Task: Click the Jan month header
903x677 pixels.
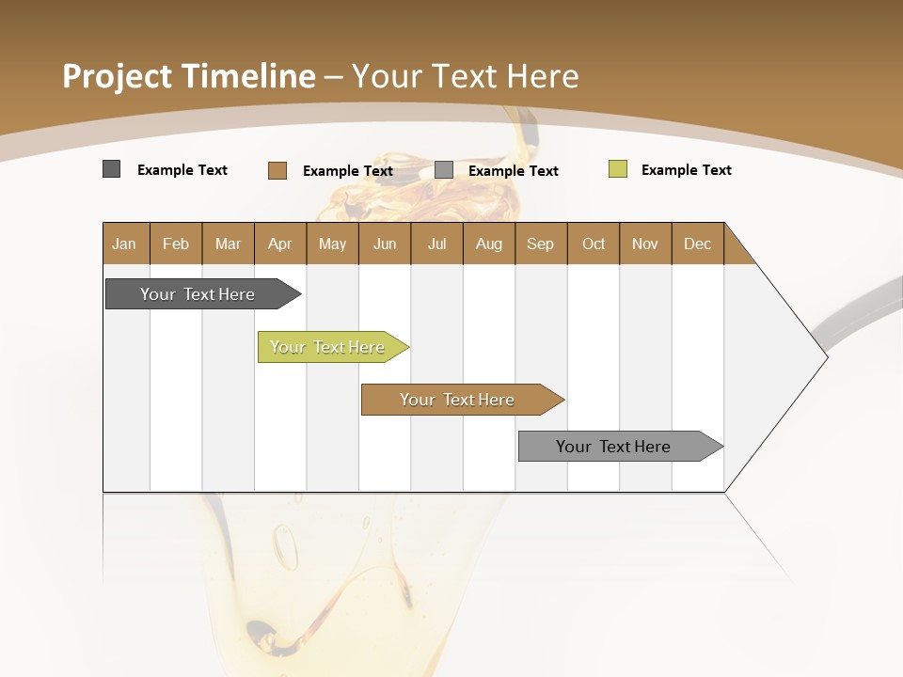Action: coord(125,244)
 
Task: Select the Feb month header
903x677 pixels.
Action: coord(176,244)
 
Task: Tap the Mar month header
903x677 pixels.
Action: coord(228,244)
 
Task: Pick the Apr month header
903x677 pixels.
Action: coord(280,244)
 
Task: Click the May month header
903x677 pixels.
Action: coord(332,244)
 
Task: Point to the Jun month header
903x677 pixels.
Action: coord(385,244)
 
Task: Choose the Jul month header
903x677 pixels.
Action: coord(436,244)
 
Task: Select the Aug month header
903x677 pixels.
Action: coord(489,244)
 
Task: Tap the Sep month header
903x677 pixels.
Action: coord(541,244)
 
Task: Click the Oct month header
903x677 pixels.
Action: coord(594,244)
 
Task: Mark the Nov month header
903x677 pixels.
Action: coord(645,244)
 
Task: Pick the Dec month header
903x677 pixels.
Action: coord(698,244)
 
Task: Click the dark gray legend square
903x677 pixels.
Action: coord(112,169)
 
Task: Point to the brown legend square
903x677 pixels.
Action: coord(277,170)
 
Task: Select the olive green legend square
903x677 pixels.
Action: coord(618,169)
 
